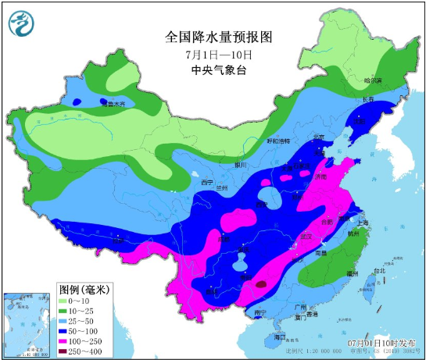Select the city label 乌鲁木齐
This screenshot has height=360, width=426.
coord(116,103)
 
